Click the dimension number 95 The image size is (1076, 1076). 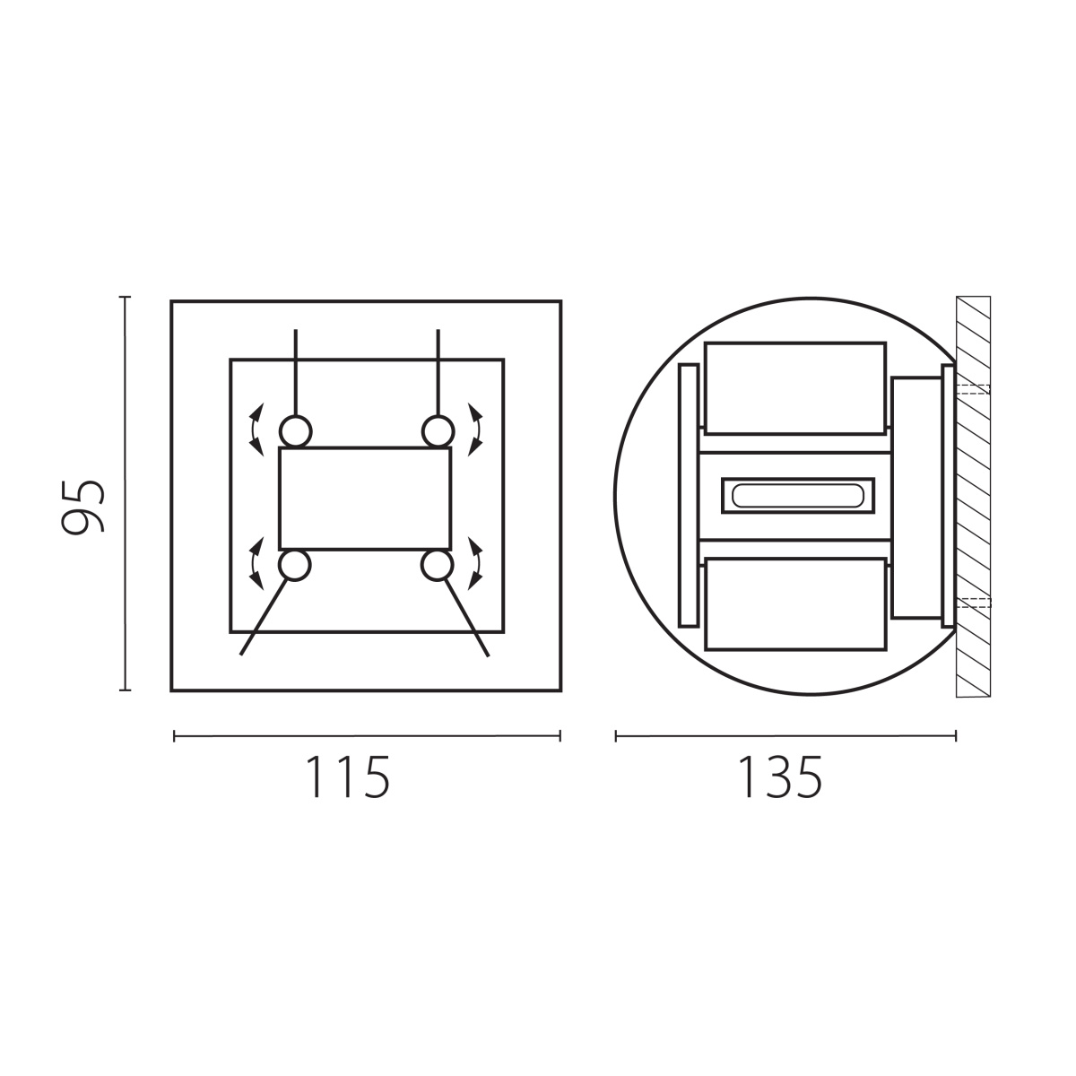coord(82,506)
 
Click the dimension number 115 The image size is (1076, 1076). coord(347,777)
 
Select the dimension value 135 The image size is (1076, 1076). coord(780,777)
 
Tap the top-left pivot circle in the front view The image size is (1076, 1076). coord(295,431)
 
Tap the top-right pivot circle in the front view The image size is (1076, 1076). coord(438,431)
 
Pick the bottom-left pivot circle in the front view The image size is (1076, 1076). coord(294,565)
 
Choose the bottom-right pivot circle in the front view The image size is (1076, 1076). coord(437,565)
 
